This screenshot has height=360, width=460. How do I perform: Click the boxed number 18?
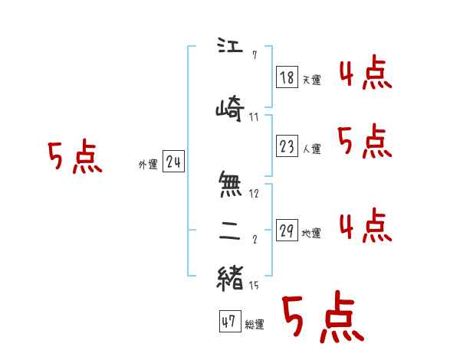287,77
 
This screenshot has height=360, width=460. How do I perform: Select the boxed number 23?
287,146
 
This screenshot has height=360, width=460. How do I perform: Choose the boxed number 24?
173,162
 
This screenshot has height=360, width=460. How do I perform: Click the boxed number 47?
228,322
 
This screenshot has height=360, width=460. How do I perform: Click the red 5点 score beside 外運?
74,158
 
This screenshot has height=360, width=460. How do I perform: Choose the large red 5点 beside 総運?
322,319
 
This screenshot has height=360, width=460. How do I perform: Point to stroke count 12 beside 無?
254,194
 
